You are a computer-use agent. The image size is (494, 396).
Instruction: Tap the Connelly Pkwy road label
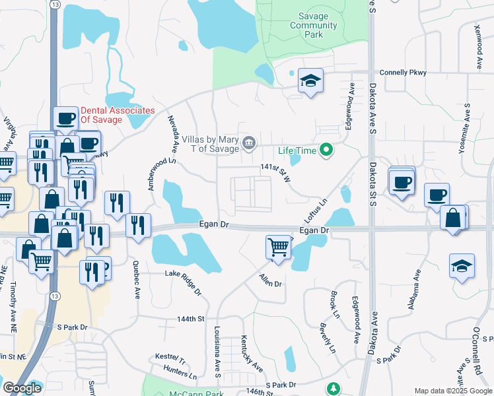coord(402,73)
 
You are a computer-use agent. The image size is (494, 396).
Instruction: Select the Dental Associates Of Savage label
coord(118,115)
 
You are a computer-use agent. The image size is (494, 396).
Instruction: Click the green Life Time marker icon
coord(325,150)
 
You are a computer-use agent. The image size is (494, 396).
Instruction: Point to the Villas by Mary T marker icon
coord(249,142)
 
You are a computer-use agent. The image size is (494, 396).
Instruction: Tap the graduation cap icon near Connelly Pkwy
coord(310,81)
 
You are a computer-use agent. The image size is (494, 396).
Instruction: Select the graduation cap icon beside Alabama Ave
coord(462,267)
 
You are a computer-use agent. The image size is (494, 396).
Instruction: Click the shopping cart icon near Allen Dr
coord(278,247)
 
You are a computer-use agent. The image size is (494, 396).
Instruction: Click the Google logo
coord(22,388)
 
